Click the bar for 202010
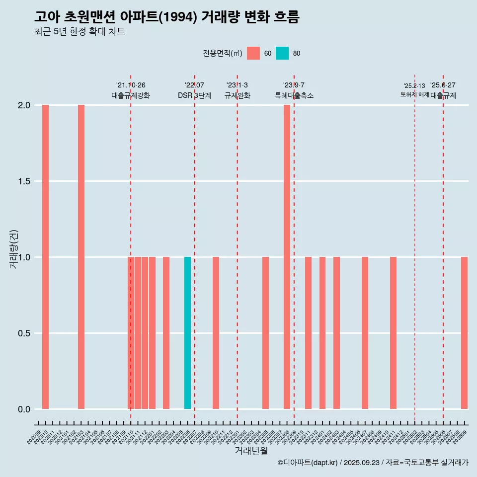(45, 257)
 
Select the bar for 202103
(81, 257)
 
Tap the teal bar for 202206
(187, 333)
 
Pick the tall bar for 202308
(287, 257)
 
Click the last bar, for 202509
(464, 333)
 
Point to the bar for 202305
(265, 333)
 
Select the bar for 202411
(393, 333)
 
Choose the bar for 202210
(216, 333)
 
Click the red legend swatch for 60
(253, 53)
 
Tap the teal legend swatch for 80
(282, 53)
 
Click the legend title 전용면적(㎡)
(223, 53)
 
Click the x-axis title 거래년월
(251, 451)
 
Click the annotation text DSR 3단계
(194, 95)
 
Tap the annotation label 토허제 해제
(414, 94)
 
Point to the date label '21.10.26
(131, 85)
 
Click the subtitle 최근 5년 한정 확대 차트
(79, 32)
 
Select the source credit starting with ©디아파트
(373, 463)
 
